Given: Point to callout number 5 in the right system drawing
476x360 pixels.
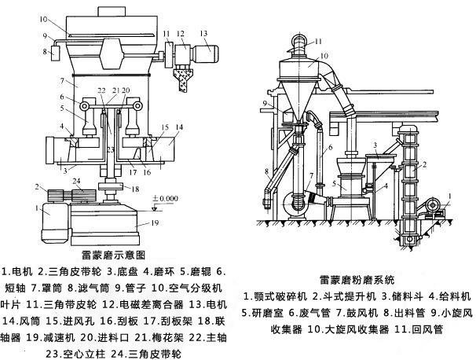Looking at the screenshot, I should click(334, 185).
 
